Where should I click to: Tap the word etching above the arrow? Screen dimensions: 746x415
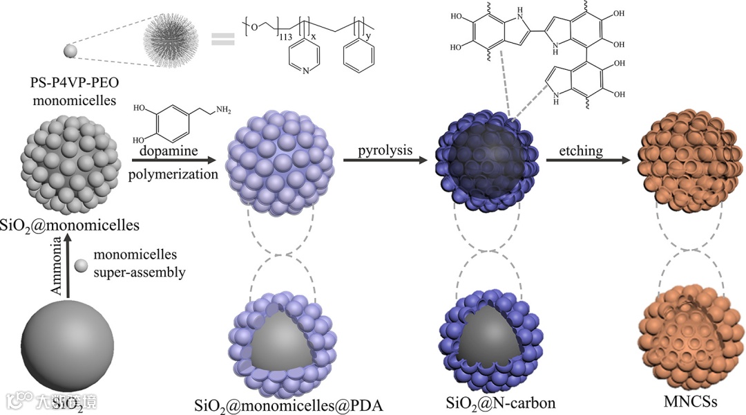[582, 150]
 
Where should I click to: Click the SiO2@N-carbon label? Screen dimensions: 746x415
[491, 401]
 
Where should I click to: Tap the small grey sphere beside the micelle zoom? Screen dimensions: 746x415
[69, 50]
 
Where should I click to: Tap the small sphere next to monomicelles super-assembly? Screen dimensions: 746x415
[82, 266]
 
